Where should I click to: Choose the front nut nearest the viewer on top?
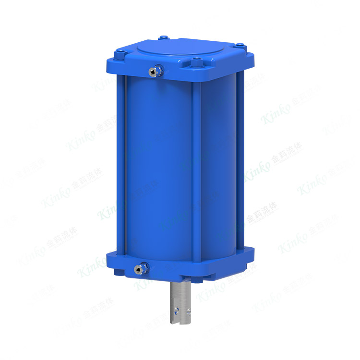pyautogui.click(x=197, y=61)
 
